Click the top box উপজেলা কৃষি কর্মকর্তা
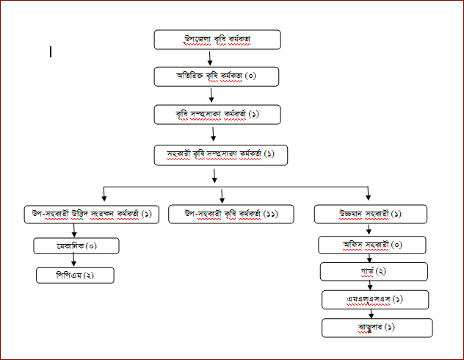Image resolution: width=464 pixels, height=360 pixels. point(218,39)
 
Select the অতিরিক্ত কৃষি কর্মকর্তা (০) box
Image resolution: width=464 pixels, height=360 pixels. point(218,76)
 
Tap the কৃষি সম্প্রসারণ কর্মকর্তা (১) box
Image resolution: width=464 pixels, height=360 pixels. point(218,115)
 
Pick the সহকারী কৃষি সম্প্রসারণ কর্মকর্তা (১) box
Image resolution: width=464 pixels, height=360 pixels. point(220,154)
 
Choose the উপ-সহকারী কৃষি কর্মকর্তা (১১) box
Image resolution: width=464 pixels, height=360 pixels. point(221,214)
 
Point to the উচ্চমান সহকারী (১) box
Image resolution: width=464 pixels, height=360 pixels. point(371,214)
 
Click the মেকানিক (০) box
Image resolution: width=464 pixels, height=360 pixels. point(76,245)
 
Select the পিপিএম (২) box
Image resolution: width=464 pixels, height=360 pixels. point(76,276)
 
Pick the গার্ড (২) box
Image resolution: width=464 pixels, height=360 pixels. point(374,272)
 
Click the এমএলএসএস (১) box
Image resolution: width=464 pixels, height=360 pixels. point(377,300)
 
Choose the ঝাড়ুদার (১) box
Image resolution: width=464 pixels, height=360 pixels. point(377,328)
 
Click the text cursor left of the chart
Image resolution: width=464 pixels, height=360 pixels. point(51,52)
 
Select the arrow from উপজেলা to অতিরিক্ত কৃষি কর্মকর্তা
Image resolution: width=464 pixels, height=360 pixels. point(211,58)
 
